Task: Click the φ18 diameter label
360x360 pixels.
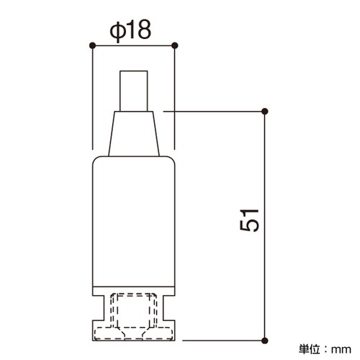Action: (130, 31)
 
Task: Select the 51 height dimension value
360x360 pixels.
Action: (249, 220)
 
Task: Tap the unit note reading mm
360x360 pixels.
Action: (341, 350)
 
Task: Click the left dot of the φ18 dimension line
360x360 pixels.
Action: (92, 45)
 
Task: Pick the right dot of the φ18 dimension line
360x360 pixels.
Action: (175, 45)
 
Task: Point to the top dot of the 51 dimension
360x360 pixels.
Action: (265, 112)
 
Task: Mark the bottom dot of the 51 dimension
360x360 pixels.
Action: (265, 341)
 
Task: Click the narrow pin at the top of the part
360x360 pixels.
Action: (134, 91)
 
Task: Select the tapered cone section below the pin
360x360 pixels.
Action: (134, 134)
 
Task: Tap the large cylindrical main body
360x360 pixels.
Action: (134, 221)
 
